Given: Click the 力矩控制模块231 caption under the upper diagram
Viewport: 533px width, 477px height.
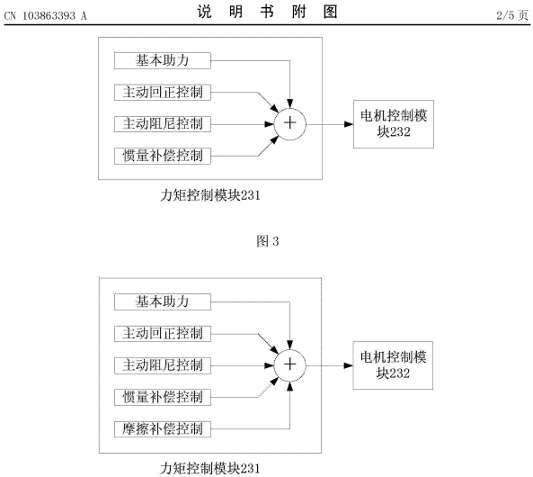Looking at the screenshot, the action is tap(210, 195).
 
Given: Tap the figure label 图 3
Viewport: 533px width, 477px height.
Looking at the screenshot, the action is tap(268, 241).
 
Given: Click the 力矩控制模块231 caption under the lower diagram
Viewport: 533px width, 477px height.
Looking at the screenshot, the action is tap(210, 469).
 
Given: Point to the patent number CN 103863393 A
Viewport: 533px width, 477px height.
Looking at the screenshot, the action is tap(46, 15).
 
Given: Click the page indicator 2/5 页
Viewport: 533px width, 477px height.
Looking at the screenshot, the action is tap(512, 15).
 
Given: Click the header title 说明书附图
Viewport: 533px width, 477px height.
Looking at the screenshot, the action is tap(268, 12).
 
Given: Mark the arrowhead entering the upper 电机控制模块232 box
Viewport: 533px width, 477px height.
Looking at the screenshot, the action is tap(349, 124).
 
